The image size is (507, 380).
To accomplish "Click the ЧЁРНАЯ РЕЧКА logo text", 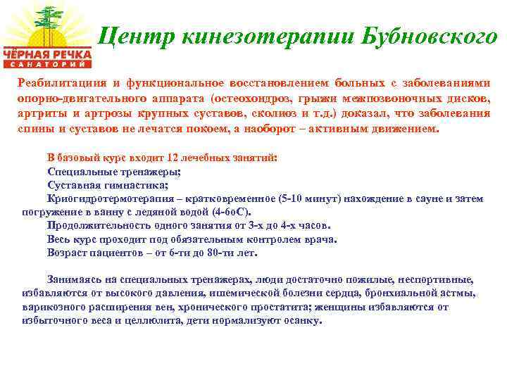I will click(x=47, y=53).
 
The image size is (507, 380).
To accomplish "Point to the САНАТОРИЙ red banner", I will click(x=48, y=64).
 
